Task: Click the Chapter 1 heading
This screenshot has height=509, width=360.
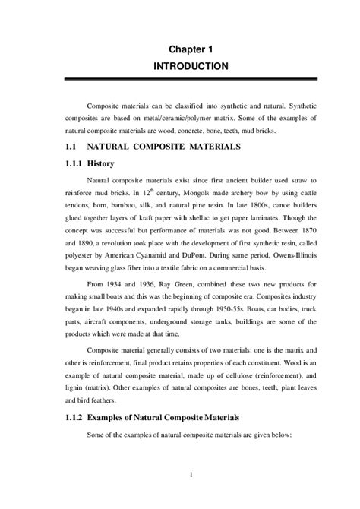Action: pos(191,49)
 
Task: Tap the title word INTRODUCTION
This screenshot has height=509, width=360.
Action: pos(191,66)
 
